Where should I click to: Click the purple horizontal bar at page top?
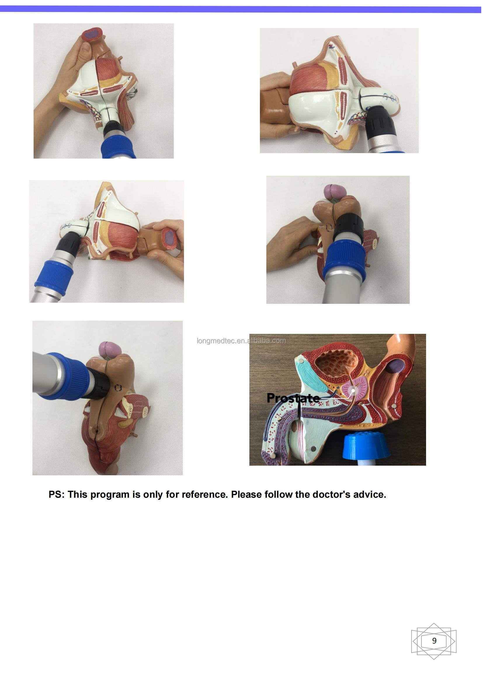pos(241,9)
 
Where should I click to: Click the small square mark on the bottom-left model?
pos(118,388)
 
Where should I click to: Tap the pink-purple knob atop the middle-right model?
pos(333,190)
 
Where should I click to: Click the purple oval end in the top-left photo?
pos(92,35)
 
